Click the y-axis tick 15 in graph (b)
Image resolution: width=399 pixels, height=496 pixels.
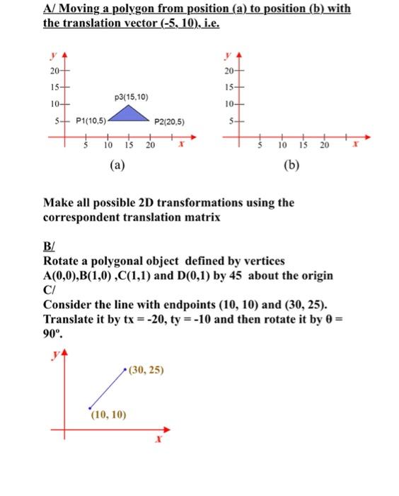[229, 89]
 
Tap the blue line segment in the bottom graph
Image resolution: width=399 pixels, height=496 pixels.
[107, 388]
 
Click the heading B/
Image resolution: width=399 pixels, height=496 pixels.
[49, 247]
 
